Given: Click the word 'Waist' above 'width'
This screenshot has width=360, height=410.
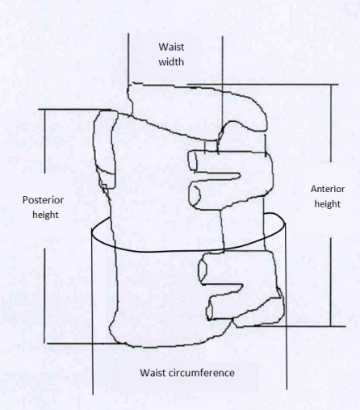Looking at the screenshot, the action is [x=171, y=47].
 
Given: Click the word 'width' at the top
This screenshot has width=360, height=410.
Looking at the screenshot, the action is [x=171, y=62].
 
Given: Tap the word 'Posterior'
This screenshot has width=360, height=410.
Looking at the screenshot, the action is [x=43, y=200].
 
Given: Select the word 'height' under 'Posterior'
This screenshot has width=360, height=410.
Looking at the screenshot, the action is [x=45, y=215].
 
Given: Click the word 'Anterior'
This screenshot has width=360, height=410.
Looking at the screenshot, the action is [x=328, y=189].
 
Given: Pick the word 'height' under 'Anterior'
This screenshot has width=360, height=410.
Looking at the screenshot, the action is [x=328, y=204].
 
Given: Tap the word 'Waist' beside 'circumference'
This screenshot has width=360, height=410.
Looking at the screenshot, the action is [x=153, y=373].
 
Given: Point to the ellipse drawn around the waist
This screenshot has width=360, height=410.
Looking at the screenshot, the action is [x=188, y=252].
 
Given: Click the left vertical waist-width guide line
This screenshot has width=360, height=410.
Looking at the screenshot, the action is [x=128, y=59].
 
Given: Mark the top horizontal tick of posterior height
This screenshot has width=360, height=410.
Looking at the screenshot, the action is [x=74, y=109].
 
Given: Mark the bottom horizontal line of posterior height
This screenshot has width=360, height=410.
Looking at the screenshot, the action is [x=83, y=344].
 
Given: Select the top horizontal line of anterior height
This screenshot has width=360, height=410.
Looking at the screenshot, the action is [x=262, y=85].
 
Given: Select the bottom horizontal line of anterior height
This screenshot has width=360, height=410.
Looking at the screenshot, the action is [x=291, y=326].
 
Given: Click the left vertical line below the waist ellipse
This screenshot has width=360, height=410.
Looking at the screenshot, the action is [x=93, y=313].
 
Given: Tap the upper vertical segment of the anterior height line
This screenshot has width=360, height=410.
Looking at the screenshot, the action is [x=331, y=123].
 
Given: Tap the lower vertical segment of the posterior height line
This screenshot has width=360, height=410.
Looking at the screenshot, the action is [x=44, y=295].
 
